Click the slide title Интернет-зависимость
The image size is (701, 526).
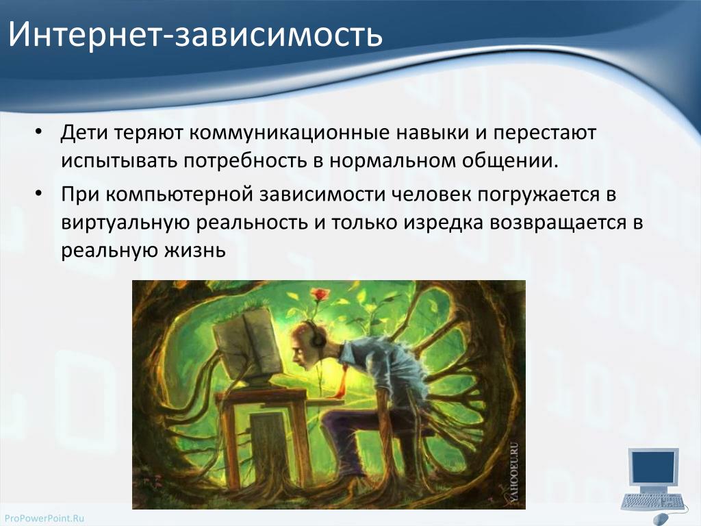click(x=195, y=34)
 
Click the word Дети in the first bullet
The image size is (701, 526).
click(x=84, y=133)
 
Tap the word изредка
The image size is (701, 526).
click(x=444, y=223)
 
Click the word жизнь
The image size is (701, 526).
click(x=195, y=251)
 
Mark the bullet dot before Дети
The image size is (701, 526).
click(x=38, y=132)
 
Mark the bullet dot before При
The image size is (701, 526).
click(x=38, y=194)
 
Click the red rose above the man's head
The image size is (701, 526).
click(x=320, y=295)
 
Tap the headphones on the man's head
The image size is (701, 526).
click(x=316, y=336)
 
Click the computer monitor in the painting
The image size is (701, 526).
click(x=248, y=345)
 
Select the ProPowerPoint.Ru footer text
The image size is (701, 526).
click(x=44, y=518)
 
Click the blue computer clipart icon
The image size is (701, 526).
click(x=654, y=484)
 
